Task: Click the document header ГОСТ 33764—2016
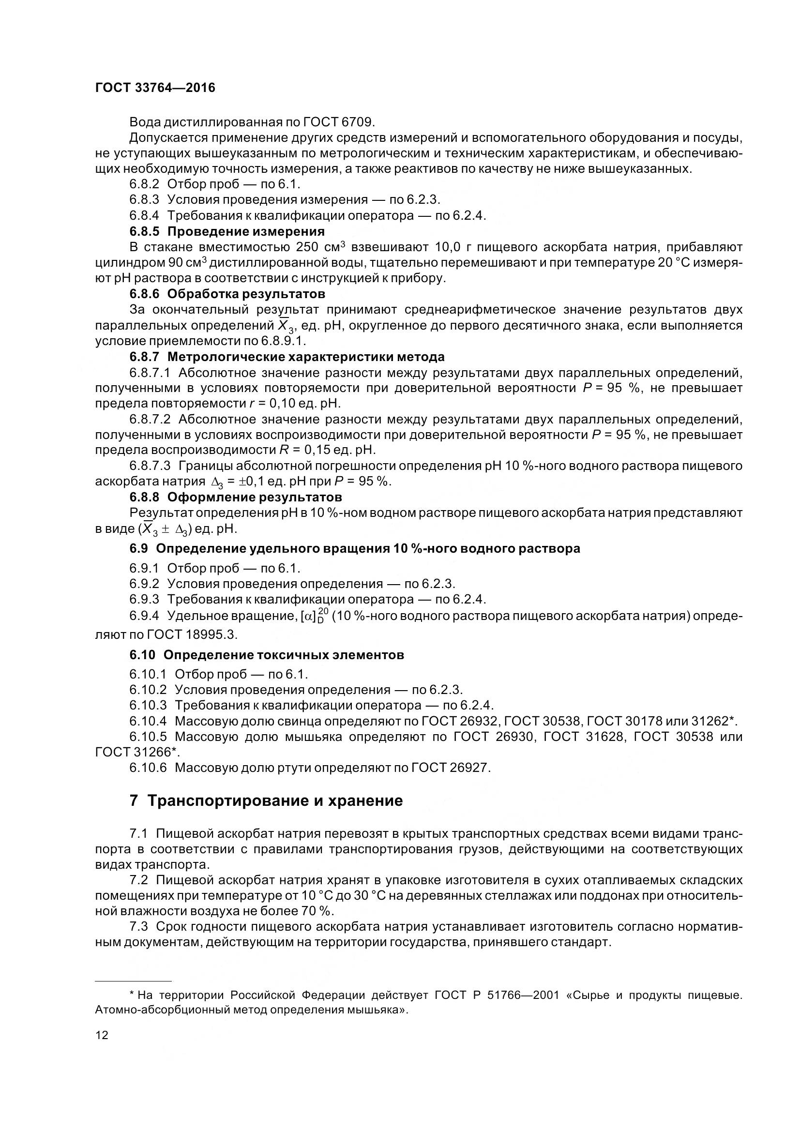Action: [x=155, y=88]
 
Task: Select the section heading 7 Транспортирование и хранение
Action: [x=266, y=800]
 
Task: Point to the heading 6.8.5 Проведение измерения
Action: [x=227, y=231]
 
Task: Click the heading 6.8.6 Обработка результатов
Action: [x=227, y=294]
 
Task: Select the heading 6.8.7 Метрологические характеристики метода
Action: [x=287, y=357]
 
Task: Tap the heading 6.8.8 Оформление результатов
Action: [x=236, y=497]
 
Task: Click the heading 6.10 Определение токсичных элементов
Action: [x=267, y=655]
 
